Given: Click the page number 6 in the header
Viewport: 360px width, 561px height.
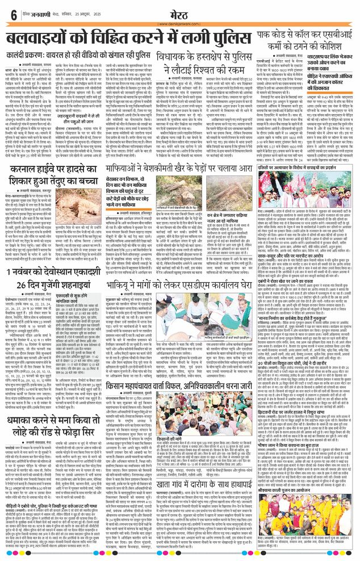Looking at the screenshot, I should tap(12, 14).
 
